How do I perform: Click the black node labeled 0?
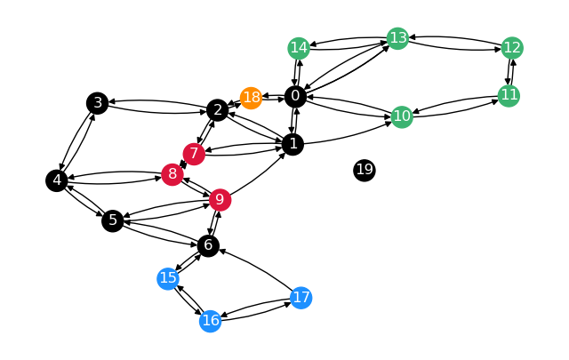click(x=296, y=96)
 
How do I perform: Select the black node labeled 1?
click(x=293, y=143)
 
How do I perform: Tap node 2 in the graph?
click(x=217, y=110)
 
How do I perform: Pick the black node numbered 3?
click(x=98, y=103)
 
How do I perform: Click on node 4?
click(x=57, y=180)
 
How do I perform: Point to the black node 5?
click(x=112, y=220)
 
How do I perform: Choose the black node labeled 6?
click(x=208, y=245)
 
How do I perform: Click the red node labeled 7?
click(x=195, y=154)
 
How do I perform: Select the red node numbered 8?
click(x=172, y=174)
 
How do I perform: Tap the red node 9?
click(x=220, y=199)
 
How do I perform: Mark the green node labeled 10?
click(x=402, y=116)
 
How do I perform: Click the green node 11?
click(x=509, y=95)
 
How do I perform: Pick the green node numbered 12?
click(x=511, y=47)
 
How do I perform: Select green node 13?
click(x=397, y=38)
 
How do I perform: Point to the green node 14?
click(x=299, y=48)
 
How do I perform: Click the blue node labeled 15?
click(x=168, y=278)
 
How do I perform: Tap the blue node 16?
click(x=210, y=320)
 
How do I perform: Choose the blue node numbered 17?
click(x=301, y=297)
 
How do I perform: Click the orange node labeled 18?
click(x=252, y=97)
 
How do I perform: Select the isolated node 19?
click(x=365, y=170)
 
